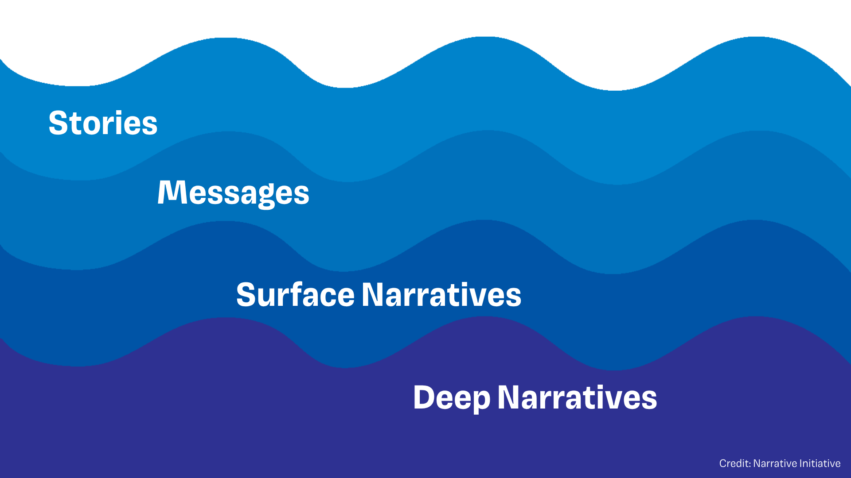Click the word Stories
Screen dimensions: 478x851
click(x=103, y=123)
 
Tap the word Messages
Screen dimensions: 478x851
click(x=233, y=193)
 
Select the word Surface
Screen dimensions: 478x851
click(x=295, y=295)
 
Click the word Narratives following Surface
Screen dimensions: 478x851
click(x=441, y=295)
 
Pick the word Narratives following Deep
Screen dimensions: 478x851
click(x=577, y=397)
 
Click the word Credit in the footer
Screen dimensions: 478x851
click(x=734, y=463)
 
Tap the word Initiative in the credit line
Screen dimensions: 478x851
click(x=820, y=463)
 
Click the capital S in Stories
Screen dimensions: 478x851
click(x=58, y=123)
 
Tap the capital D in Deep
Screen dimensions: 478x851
click(x=424, y=397)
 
